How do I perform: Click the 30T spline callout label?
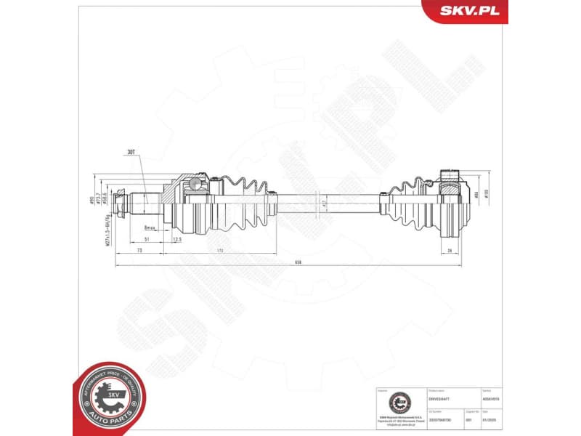point(131,153)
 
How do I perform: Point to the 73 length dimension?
point(139,249)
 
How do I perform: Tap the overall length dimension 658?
point(288,263)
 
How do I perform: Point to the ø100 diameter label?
point(487,194)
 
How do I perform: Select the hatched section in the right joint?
point(451,194)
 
